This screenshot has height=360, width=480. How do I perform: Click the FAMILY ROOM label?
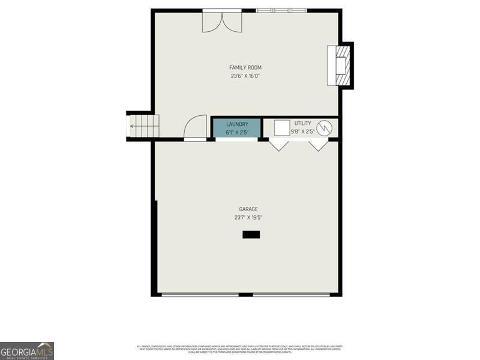245,68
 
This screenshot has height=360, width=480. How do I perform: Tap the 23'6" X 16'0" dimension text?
245,76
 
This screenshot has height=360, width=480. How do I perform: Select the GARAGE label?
248,209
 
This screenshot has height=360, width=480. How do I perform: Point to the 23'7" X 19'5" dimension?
248,218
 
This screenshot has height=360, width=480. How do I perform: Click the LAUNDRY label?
237,124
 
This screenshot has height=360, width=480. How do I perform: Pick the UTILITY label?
302,123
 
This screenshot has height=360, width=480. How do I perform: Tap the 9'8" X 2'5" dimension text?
302,131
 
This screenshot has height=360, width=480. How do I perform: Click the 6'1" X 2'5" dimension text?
237,132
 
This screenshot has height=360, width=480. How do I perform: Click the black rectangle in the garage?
251,235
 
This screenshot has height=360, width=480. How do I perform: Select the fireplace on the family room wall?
340,65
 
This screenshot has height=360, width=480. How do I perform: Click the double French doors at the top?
222,22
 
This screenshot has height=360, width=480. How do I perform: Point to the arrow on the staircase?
133,126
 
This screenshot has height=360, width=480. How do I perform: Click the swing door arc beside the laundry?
196,128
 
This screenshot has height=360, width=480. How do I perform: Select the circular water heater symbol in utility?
324,127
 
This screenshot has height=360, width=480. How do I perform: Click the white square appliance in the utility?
282,128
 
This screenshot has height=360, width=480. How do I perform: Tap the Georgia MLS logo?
27,350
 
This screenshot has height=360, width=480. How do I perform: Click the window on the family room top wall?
281,10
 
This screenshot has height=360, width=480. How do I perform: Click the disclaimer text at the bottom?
240,349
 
